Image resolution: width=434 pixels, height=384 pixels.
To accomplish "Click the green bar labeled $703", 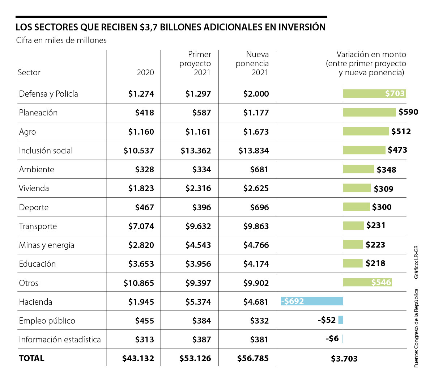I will (x=374, y=93).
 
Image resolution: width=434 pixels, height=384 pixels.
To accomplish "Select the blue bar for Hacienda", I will (x=312, y=301).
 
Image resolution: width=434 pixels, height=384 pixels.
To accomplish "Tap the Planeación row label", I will (x=38, y=113).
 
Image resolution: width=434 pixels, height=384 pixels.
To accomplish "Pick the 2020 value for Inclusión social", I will (x=139, y=151).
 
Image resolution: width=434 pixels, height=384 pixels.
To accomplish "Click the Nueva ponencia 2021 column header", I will (x=252, y=63).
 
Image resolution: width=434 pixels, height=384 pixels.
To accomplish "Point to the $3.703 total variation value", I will (x=344, y=359).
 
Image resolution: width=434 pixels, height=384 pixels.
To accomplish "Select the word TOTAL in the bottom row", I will (x=31, y=358).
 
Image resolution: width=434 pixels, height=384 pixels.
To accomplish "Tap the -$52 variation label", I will (x=327, y=320).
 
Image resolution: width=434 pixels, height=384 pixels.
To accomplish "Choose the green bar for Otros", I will (x=367, y=282).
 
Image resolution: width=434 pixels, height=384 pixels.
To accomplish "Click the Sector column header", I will (x=29, y=72).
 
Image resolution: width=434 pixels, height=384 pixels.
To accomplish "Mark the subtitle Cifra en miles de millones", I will (x=61, y=40).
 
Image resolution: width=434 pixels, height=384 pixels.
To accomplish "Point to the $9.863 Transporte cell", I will (x=256, y=226).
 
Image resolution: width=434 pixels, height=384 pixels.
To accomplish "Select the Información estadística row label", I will (x=60, y=339).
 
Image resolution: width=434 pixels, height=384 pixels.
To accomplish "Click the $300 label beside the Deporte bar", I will (x=382, y=207).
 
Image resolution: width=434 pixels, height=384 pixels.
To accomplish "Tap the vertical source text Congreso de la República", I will (x=416, y=328).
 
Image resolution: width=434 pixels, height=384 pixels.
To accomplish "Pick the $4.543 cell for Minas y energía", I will (x=198, y=245).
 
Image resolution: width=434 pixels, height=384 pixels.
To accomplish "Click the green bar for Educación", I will (x=353, y=263).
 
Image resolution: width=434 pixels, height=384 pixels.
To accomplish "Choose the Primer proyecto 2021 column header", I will (x=195, y=63).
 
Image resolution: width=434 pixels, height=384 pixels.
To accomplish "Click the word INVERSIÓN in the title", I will (x=302, y=27).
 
